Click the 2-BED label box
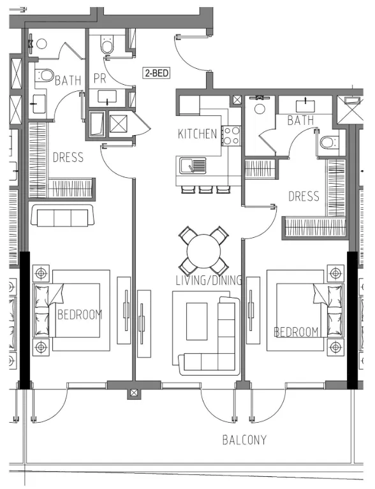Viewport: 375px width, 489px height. click(157, 73)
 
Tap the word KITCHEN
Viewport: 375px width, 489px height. click(197, 134)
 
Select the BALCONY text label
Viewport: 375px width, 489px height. click(245, 440)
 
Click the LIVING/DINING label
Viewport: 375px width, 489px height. click(209, 281)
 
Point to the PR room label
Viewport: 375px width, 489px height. click(100, 78)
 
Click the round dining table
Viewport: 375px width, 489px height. click(203, 251)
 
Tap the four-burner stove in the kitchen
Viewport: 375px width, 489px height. click(231, 136)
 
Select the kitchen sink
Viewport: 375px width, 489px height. click(193, 166)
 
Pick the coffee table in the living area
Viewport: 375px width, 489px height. click(197, 321)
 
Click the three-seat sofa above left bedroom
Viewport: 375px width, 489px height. click(62, 215)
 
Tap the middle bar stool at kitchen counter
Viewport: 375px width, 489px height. click(206, 189)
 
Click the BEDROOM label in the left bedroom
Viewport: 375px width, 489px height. click(80, 315)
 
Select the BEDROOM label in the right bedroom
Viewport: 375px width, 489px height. click(296, 332)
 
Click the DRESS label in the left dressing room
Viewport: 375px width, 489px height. click(68, 157)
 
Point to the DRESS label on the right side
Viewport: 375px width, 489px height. click(304, 196)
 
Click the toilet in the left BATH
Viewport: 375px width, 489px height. click(44, 75)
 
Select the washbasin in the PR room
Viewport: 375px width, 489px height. click(107, 97)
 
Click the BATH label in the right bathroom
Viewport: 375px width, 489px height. click(301, 120)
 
